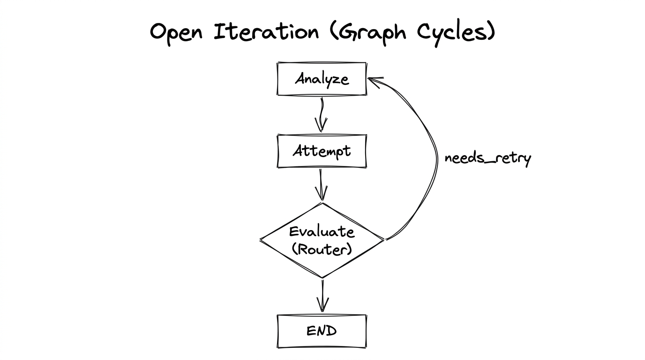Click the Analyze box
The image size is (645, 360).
[322, 79]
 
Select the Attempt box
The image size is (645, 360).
[322, 151]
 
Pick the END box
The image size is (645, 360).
[322, 331]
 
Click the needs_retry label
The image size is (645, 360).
[487, 158]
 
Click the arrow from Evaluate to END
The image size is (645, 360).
[322, 295]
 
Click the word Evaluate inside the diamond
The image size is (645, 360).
[322, 232]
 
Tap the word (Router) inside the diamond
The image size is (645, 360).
[322, 249]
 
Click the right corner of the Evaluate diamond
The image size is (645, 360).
[383, 240]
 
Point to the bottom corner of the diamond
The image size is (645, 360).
[322, 277]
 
